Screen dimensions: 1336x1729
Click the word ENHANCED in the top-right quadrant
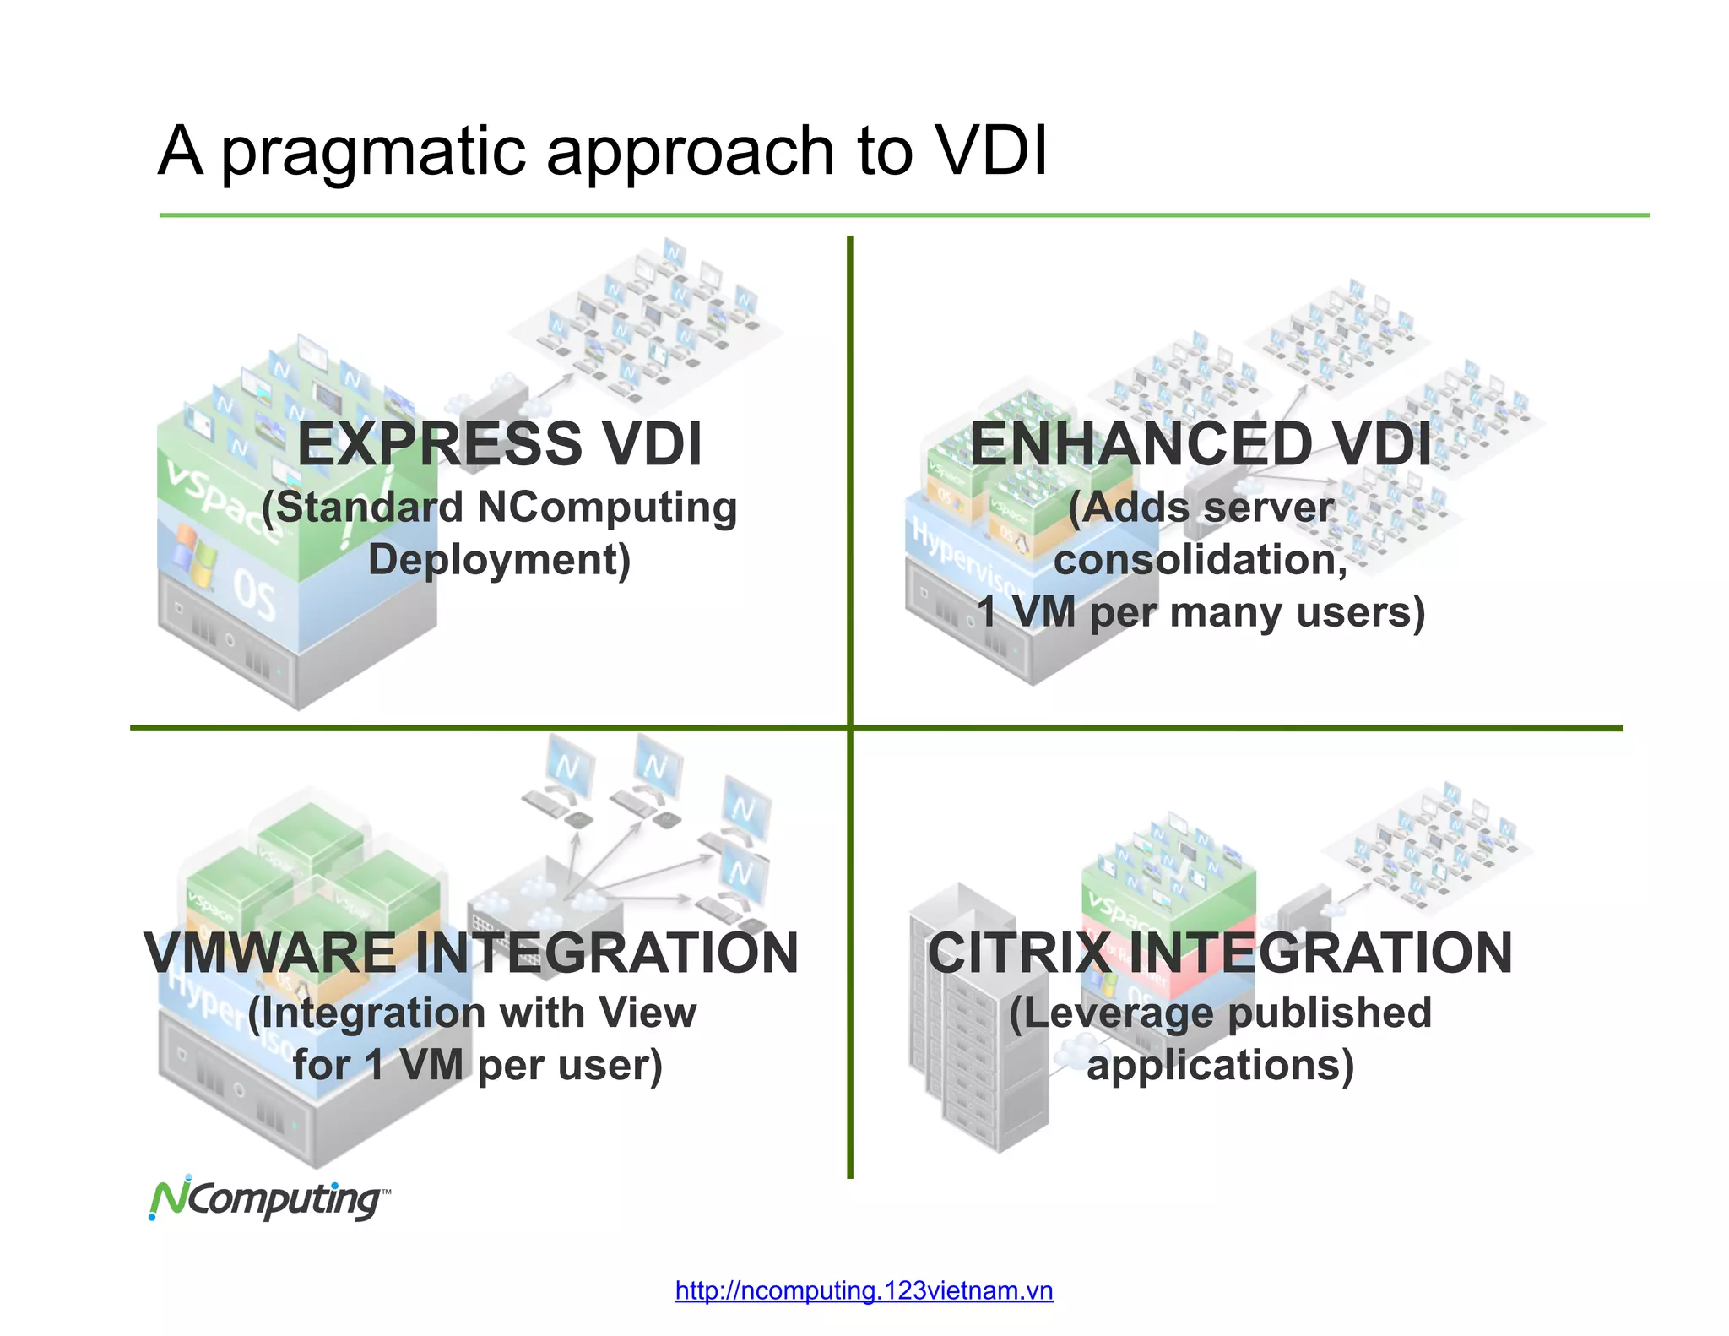click(x=1140, y=444)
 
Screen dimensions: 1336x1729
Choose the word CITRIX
click(x=1018, y=953)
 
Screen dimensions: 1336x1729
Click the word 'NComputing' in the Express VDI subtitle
click(x=607, y=508)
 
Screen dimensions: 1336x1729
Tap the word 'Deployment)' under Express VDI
click(x=499, y=560)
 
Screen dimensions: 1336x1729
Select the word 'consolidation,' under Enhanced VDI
click(x=1201, y=560)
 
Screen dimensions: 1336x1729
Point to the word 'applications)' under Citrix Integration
click(x=1220, y=1065)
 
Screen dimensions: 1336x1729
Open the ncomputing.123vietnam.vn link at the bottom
click(x=864, y=1291)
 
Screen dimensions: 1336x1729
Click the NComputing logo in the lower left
click(x=268, y=1199)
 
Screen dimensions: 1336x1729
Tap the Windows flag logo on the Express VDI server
click(x=195, y=555)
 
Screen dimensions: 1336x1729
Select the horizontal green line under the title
click(x=903, y=215)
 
